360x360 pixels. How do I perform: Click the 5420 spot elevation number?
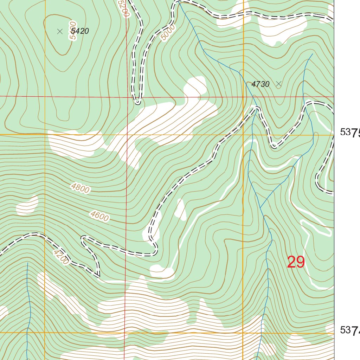click(x=80, y=31)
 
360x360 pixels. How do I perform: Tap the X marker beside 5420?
click(x=60, y=31)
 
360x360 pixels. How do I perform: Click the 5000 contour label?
click(x=167, y=33)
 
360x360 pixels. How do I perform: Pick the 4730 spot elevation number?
click(x=261, y=84)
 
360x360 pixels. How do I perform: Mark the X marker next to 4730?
click(x=279, y=84)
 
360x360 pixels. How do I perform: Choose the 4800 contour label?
click(x=80, y=188)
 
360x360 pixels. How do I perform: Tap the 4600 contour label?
click(x=99, y=216)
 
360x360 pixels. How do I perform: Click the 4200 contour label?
click(x=61, y=257)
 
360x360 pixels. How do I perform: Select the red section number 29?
click(x=296, y=262)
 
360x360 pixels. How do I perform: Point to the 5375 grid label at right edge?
click(x=350, y=133)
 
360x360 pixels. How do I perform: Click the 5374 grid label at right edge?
click(x=350, y=330)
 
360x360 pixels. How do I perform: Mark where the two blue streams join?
click(x=260, y=207)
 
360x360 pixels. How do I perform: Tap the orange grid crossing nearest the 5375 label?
click(x=243, y=135)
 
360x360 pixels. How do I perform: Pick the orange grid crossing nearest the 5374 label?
click(x=243, y=332)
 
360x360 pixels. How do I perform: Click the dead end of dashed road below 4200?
click(x=98, y=276)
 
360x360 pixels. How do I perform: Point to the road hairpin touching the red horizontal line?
click(x=138, y=102)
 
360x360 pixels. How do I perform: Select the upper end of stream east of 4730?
click(x=312, y=54)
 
